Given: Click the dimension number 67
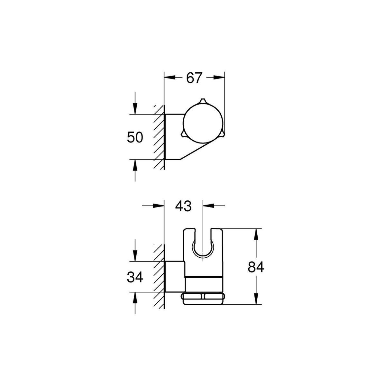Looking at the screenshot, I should click(194, 78).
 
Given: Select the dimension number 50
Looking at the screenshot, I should click(135, 137).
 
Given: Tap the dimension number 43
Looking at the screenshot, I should click(183, 206).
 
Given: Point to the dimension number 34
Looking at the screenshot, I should click(135, 277).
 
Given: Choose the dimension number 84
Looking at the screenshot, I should click(256, 267).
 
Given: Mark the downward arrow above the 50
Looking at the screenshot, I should click(135, 108).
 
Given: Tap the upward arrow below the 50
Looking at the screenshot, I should click(135, 165).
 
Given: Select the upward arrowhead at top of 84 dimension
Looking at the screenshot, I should click(256, 234).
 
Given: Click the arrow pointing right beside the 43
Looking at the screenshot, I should click(159, 206).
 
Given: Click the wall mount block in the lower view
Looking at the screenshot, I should click(175, 277).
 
